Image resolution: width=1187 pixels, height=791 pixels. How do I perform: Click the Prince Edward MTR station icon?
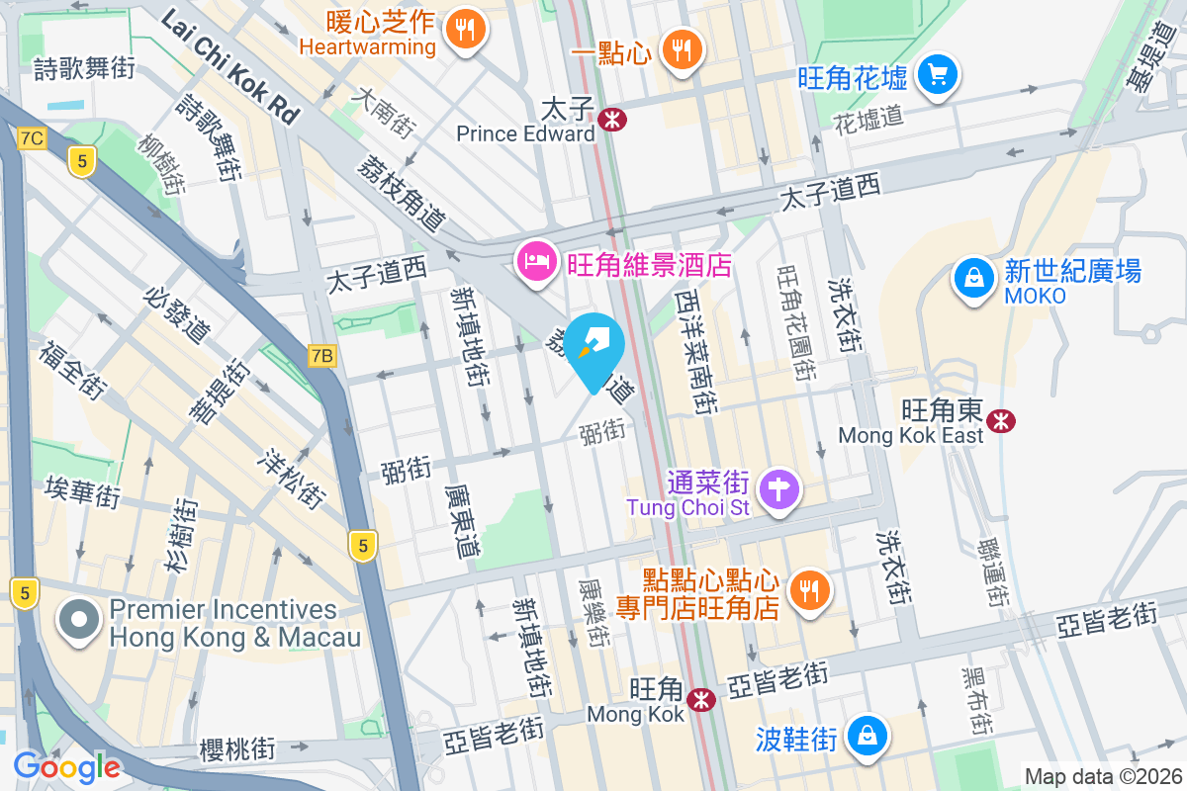611,120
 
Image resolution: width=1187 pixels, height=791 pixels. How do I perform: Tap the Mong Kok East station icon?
1002,421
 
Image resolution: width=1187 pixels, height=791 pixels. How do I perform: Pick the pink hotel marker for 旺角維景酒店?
535,263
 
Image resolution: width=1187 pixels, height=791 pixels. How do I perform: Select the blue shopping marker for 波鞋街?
867,737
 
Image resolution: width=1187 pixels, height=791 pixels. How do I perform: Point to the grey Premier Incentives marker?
80,622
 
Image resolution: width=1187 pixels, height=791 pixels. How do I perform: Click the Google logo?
66,766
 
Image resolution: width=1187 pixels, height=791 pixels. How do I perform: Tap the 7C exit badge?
32,137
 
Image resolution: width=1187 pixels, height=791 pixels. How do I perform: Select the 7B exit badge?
322,355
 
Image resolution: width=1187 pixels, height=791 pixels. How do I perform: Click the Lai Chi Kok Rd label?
230,66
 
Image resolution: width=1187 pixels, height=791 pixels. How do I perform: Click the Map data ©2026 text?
1100,776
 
